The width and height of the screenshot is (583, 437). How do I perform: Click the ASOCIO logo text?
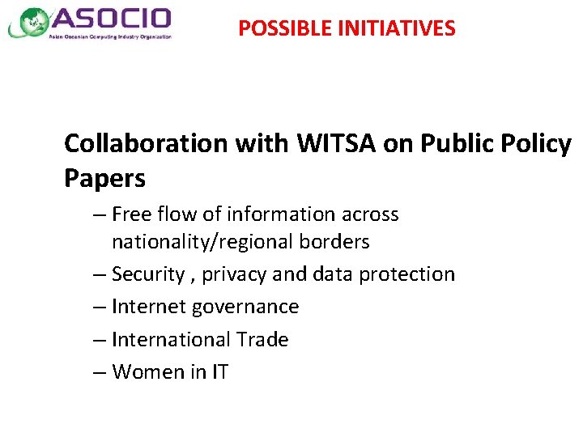coord(112,19)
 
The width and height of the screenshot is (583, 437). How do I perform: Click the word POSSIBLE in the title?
coord(276,29)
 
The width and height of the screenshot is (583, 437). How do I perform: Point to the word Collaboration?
coord(146,143)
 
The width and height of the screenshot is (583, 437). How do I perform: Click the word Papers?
coord(104,178)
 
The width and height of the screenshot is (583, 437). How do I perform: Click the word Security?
coord(147,274)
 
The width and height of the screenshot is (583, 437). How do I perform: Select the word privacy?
coord(234,274)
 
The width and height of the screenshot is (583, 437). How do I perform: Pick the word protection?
coord(406,274)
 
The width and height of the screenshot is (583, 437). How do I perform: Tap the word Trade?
coord(262,339)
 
